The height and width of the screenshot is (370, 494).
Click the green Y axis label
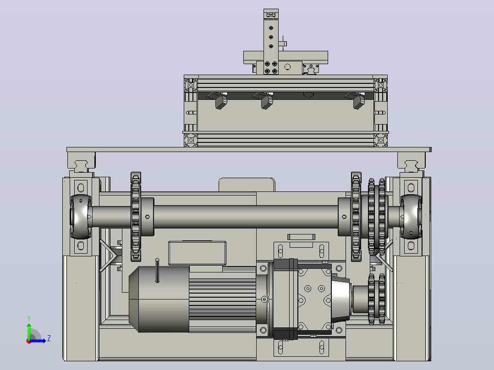tap(29, 318)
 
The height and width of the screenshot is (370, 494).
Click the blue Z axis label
tap(49, 338)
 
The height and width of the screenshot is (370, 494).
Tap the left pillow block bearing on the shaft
tap(81, 217)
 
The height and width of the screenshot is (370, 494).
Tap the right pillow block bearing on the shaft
tap(411, 217)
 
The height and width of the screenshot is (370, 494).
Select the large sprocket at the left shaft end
tap(136, 217)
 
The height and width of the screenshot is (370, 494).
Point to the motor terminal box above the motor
tap(197, 253)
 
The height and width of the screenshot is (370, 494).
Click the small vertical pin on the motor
tap(157, 271)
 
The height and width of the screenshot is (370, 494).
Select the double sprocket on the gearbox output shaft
tap(377, 299)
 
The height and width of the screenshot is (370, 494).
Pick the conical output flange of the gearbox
tap(340, 299)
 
